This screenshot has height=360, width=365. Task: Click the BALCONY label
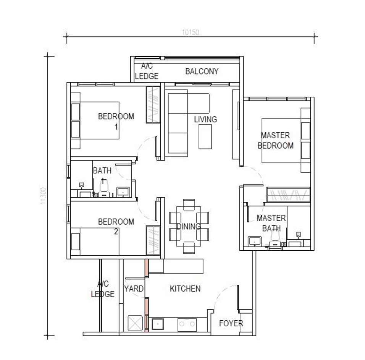202,71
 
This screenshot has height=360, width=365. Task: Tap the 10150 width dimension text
191,32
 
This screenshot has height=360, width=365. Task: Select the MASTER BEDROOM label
275,140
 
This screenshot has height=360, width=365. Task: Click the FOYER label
231,323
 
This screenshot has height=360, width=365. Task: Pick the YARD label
134,289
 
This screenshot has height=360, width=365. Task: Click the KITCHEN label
185,289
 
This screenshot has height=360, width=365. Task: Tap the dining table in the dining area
189,226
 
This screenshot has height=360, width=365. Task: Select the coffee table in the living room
205,137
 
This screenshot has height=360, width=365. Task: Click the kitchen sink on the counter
158,324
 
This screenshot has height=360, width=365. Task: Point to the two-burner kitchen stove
187,324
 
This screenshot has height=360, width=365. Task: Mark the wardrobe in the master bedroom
288,195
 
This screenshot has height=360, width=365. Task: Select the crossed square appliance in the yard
135,322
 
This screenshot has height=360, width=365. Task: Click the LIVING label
205,120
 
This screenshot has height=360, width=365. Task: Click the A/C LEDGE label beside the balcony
146,71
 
